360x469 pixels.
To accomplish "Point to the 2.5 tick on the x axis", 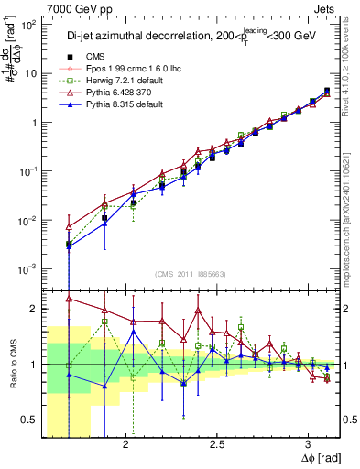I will point(217,444).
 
